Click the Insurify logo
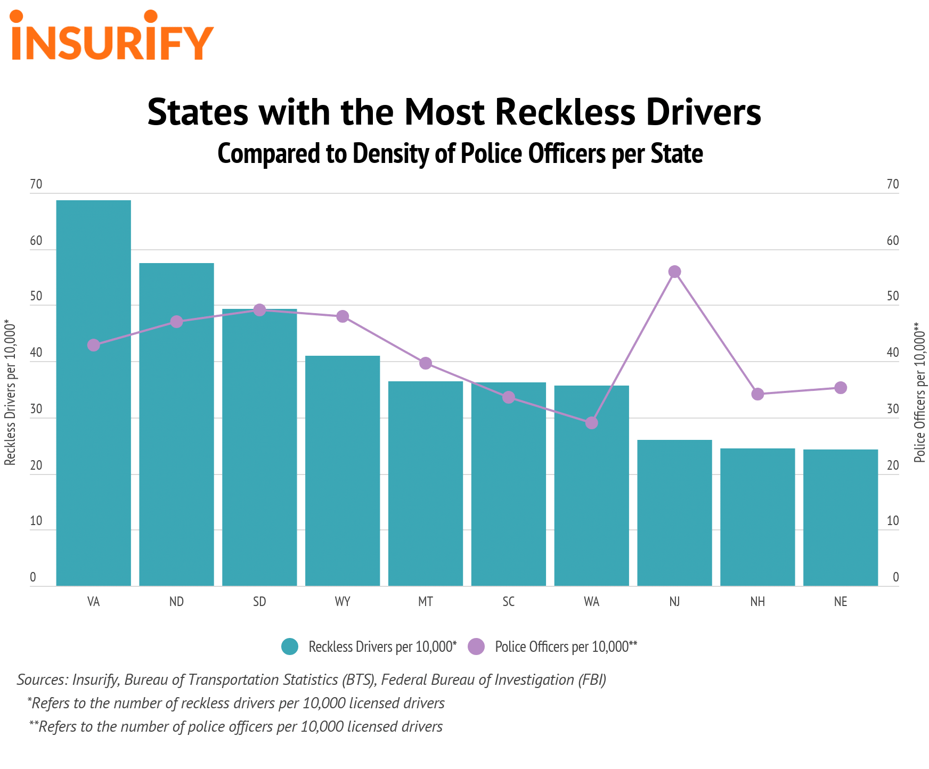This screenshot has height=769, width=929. [112, 36]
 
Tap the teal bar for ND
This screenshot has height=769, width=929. [176, 426]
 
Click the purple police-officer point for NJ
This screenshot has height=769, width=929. [674, 272]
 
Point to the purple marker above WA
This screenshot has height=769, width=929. [591, 423]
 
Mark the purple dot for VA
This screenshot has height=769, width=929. [93, 345]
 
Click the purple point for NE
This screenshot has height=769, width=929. [841, 388]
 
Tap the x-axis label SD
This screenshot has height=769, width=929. [259, 602]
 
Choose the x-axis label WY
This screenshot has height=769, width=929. [343, 602]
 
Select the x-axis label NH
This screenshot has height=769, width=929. [757, 602]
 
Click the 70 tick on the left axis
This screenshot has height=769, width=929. [36, 185]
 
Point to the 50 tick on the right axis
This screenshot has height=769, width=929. [893, 297]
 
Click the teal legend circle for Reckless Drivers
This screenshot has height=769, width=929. [290, 647]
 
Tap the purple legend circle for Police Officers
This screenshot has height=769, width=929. [476, 647]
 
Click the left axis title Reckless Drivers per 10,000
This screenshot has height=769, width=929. [10, 392]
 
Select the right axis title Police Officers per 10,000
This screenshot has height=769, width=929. [919, 392]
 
